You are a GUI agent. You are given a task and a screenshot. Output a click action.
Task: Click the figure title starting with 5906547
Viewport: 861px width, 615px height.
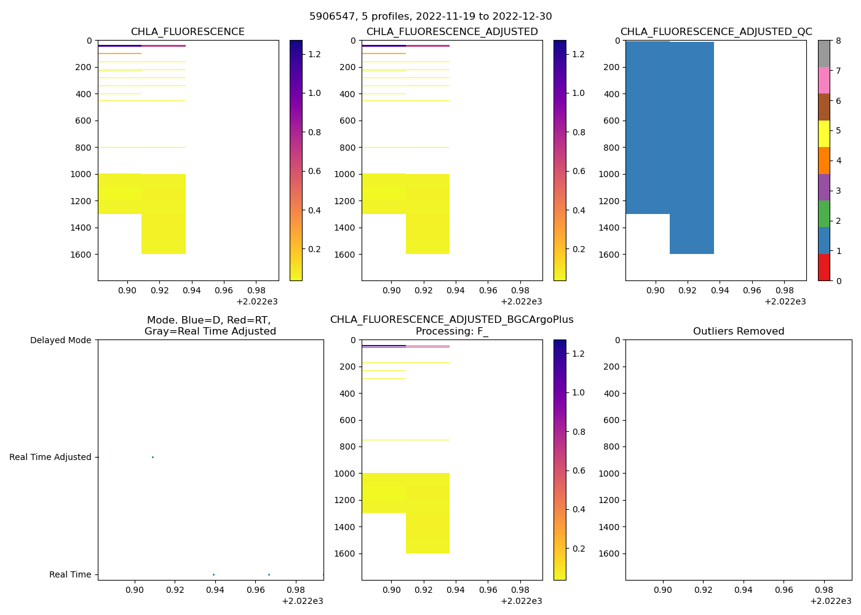click(x=430, y=17)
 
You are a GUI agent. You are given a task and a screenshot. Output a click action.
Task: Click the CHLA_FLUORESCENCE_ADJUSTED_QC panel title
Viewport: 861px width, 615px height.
click(x=716, y=32)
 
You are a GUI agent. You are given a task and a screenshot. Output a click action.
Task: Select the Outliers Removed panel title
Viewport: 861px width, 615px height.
click(x=739, y=331)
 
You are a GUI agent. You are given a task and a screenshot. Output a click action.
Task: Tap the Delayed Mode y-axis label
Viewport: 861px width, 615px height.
click(x=60, y=340)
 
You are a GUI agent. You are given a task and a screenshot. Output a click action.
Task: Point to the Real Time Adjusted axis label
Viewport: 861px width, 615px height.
click(x=50, y=457)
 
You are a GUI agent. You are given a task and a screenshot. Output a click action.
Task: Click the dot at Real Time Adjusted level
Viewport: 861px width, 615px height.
click(x=153, y=457)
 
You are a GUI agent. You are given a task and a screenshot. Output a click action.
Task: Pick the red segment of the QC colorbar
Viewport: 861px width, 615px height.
click(x=824, y=268)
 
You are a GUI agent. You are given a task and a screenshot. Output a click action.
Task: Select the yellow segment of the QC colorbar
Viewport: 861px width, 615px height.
click(x=824, y=134)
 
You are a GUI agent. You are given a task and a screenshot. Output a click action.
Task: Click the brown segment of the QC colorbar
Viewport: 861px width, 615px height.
click(x=824, y=107)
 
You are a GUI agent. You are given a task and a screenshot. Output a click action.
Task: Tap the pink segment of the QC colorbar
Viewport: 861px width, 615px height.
click(x=824, y=81)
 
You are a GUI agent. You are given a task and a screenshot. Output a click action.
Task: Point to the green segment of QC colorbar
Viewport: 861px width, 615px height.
click(x=824, y=214)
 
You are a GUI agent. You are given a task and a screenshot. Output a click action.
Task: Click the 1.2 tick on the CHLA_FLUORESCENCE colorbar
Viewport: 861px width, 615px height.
click(x=314, y=54)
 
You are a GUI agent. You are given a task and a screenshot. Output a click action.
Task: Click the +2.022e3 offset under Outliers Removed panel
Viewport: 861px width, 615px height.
click(x=830, y=601)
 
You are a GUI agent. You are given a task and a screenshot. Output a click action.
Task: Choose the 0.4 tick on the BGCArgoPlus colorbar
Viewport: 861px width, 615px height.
click(x=579, y=509)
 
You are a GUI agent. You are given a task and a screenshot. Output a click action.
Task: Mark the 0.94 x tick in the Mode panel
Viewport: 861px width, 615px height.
click(x=215, y=590)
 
